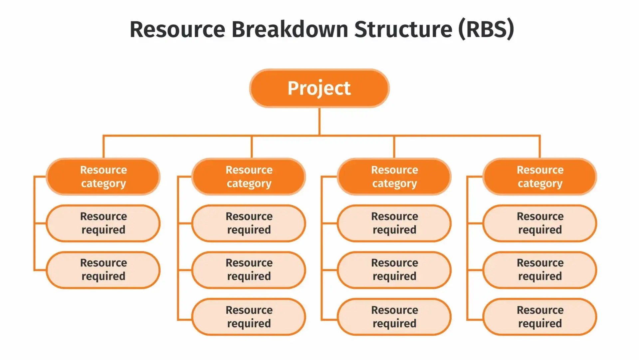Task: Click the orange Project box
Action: [x=319, y=88]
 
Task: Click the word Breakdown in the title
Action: [x=290, y=29]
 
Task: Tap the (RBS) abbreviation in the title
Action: [x=486, y=29]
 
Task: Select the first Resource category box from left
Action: [x=103, y=177]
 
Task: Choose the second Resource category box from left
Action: [x=249, y=177]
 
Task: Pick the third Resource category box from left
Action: [x=394, y=177]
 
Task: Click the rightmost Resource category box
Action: [x=540, y=177]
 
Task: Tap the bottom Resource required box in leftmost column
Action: [x=103, y=270]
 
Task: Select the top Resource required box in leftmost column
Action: [x=103, y=223]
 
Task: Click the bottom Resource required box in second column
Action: [x=249, y=317]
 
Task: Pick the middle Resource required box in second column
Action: [x=249, y=270]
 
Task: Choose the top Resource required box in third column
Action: [x=394, y=223]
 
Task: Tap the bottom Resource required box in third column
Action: [x=394, y=317]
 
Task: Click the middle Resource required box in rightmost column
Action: [x=540, y=270]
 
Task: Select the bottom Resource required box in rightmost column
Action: [x=540, y=317]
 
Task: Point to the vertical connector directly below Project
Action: [x=319, y=122]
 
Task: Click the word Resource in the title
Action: [x=177, y=29]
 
